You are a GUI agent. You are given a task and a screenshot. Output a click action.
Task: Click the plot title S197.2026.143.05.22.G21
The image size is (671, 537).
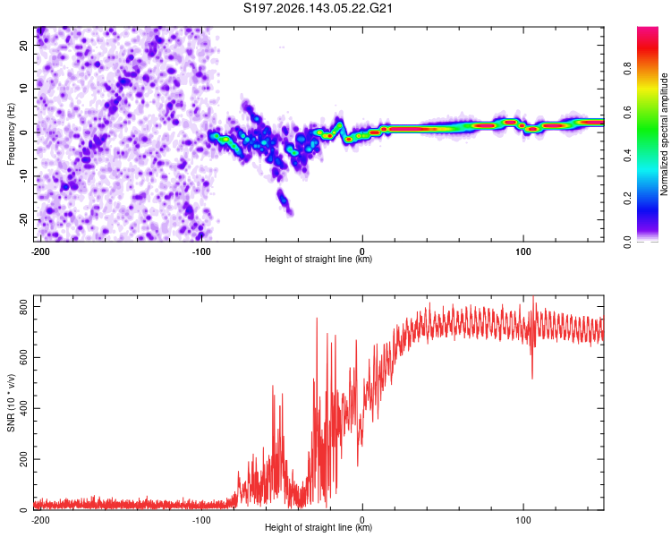[x=318, y=8]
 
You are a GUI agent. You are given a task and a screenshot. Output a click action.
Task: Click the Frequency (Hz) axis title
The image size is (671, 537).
[x=11, y=134]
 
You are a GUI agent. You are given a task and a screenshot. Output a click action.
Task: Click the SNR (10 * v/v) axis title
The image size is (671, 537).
[x=11, y=403]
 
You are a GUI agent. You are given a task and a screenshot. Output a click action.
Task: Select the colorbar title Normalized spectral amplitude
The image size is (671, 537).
[x=664, y=134]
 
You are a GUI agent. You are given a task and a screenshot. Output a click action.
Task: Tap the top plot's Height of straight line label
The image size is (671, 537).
[x=319, y=259]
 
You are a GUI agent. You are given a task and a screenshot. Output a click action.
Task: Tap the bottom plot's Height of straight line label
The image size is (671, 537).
[x=319, y=527]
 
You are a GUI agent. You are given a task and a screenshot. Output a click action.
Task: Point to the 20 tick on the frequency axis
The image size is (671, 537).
[x=23, y=45]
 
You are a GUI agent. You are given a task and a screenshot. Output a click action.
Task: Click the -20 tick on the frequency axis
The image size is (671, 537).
[x=23, y=219]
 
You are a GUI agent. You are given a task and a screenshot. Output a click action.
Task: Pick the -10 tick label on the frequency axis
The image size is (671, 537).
[x=23, y=176]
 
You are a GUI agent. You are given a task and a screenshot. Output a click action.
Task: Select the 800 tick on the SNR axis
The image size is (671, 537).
[x=23, y=307]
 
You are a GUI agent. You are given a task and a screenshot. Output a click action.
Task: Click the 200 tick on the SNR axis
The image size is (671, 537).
[x=23, y=459]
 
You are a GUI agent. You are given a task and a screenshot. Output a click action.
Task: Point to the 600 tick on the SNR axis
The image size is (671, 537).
[x=23, y=358]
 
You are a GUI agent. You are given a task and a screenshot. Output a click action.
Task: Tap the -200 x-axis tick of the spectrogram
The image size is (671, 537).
[x=40, y=251]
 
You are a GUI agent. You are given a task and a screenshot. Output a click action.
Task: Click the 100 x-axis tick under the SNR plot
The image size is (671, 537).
[x=523, y=520]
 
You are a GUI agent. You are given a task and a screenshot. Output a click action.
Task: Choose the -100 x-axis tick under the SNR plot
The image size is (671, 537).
[x=201, y=520]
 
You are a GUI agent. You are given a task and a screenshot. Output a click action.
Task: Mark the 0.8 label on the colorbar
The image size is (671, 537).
[x=627, y=69]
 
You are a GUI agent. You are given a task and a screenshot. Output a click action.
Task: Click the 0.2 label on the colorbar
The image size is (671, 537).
[x=627, y=199]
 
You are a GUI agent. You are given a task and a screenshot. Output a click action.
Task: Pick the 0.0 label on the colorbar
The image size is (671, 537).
[x=627, y=242]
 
